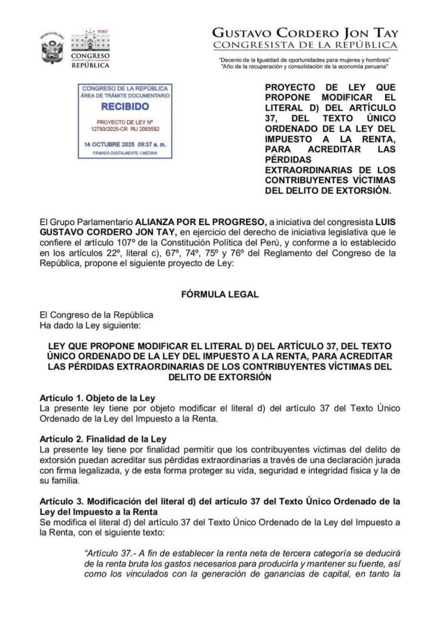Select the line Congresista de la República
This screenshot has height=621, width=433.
[305, 45]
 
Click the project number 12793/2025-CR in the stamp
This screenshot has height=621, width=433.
[109, 129]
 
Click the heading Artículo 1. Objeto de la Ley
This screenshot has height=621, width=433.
[97, 398]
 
